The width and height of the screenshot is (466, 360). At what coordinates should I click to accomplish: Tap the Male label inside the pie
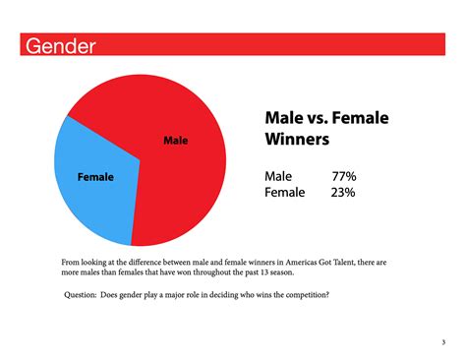point(175,142)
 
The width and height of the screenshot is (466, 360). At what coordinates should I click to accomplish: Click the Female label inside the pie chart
point(95,177)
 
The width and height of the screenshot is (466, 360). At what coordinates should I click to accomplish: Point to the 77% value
point(343,176)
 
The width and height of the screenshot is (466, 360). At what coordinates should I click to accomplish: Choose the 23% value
point(343,193)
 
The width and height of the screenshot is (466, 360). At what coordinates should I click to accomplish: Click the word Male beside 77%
point(278,176)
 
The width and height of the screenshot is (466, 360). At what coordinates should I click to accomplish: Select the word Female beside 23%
point(286,193)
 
